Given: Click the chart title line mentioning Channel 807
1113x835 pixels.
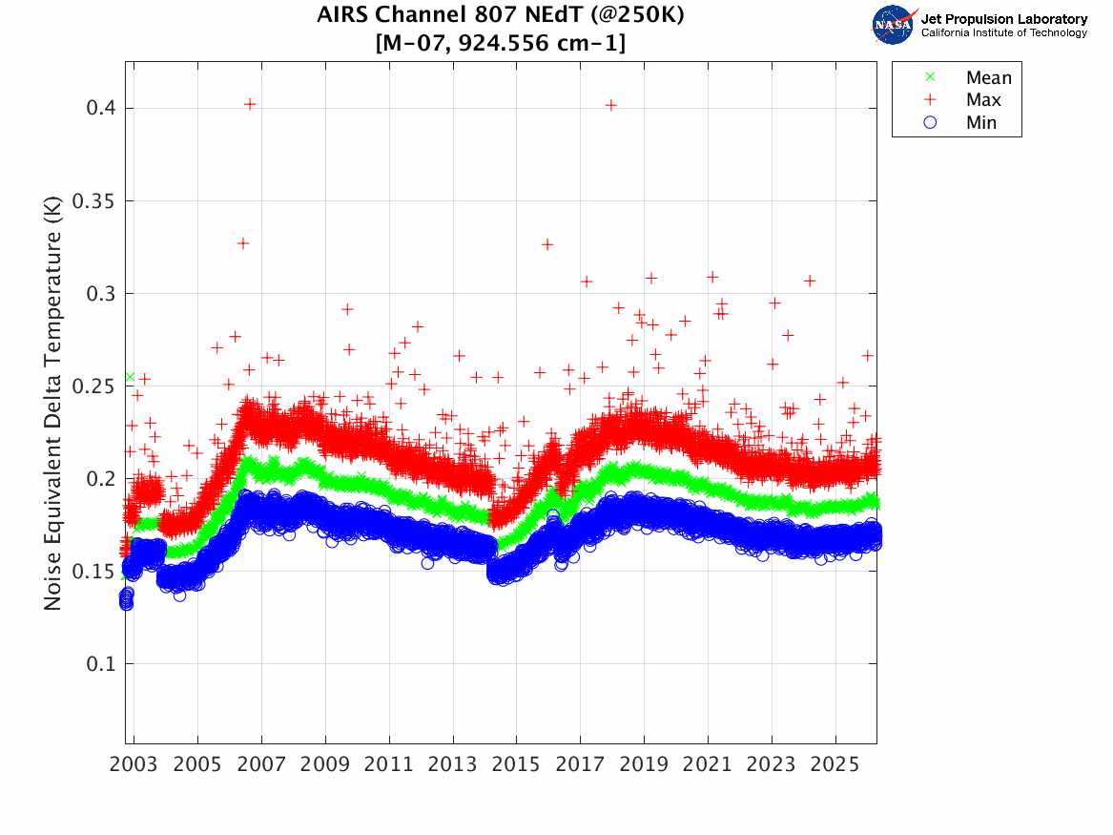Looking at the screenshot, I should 500,15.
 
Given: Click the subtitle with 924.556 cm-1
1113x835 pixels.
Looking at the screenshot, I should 500,43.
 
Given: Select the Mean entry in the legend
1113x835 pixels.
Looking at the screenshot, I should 987,77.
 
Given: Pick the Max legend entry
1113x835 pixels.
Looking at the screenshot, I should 983,100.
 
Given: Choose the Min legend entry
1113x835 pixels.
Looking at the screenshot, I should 981,123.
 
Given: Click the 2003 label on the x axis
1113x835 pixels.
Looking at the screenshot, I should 134,767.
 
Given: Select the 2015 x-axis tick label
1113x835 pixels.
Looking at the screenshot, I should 517,767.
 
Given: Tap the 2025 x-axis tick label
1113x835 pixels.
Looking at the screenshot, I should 835,767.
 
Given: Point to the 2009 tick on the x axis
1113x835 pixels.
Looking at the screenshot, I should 325,767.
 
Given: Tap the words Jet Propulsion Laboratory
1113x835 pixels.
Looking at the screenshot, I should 1003,19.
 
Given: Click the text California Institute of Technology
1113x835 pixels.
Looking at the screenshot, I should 1003,33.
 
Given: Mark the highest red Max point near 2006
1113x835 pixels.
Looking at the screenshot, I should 250,104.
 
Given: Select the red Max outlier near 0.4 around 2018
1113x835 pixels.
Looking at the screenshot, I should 611,105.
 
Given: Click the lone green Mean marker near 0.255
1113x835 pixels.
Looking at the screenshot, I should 130,377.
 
